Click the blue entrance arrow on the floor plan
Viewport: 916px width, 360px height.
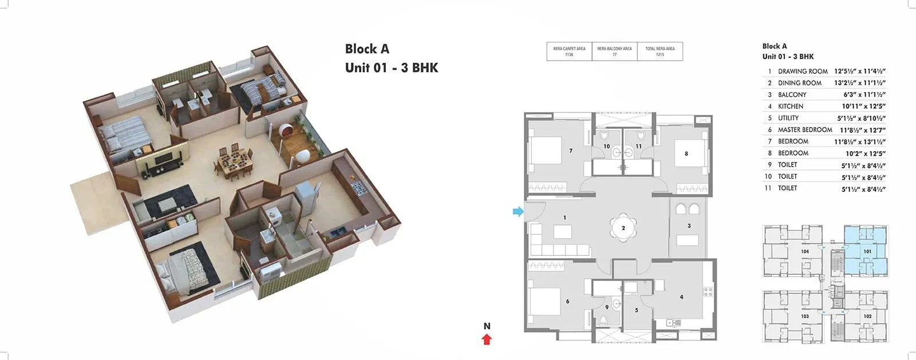pyautogui.click(x=518, y=212)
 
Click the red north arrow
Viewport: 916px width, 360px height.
pyautogui.click(x=487, y=339)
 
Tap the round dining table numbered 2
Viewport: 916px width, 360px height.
pyautogui.click(x=623, y=228)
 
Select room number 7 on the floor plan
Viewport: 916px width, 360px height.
pyautogui.click(x=571, y=151)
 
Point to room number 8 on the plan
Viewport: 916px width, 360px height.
pyautogui.click(x=686, y=153)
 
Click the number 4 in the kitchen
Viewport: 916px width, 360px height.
pyautogui.click(x=681, y=297)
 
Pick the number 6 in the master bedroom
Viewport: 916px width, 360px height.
pyautogui.click(x=567, y=302)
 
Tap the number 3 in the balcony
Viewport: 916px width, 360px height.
pyautogui.click(x=689, y=226)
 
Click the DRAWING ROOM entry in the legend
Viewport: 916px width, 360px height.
pyautogui.click(x=803, y=72)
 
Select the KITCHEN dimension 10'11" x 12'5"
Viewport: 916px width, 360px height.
pyautogui.click(x=863, y=106)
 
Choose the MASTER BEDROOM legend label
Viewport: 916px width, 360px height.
pyautogui.click(x=805, y=130)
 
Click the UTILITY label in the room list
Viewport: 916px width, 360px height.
pyautogui.click(x=788, y=118)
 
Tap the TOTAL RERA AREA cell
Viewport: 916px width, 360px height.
pyautogui.click(x=660, y=52)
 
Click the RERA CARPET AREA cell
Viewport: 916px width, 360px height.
pyautogui.click(x=569, y=52)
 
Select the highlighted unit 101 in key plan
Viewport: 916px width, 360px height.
pyautogui.click(x=867, y=251)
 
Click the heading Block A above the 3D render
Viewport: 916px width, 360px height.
pyautogui.click(x=367, y=49)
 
